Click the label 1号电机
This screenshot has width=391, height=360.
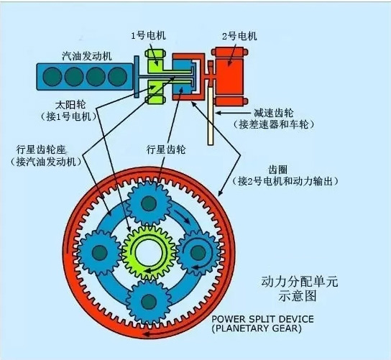click(x=148, y=36)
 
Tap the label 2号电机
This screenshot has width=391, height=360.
click(x=239, y=37)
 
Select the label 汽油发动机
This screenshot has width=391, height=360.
click(x=86, y=56)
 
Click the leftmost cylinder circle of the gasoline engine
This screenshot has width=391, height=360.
click(x=52, y=77)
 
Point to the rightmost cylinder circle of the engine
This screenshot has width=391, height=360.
click(x=117, y=77)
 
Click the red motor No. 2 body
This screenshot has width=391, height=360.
click(x=229, y=76)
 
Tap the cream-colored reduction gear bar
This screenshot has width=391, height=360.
click(x=211, y=116)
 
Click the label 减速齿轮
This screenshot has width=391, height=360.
click(x=274, y=113)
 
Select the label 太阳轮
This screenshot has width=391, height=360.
click(x=70, y=105)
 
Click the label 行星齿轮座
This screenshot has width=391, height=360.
click(x=41, y=150)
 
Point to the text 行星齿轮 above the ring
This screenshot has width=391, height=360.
click(x=166, y=150)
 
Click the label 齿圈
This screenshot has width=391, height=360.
click(x=277, y=170)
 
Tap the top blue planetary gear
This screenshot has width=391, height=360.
click(x=149, y=204)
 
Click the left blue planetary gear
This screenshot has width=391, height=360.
click(x=100, y=252)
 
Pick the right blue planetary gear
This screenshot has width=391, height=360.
click(x=198, y=252)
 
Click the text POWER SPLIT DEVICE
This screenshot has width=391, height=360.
click(x=262, y=319)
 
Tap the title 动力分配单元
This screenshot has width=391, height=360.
click(x=300, y=282)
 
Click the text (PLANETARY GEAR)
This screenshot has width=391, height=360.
click(x=257, y=328)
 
